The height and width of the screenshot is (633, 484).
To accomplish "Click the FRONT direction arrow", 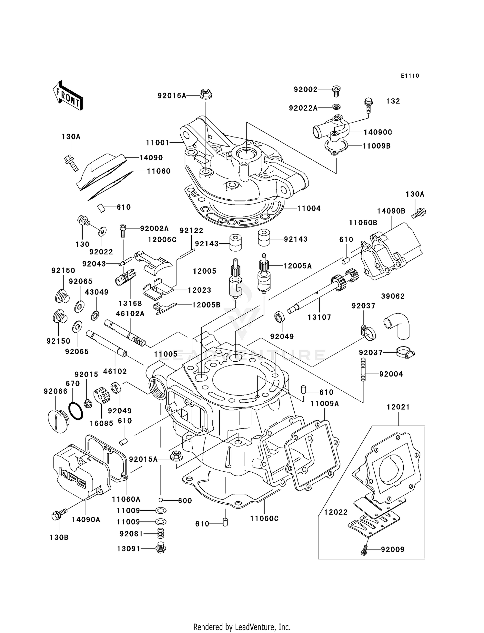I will (68, 96).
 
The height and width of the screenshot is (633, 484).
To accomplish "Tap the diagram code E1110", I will (410, 76).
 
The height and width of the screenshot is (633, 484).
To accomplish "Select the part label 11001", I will (157, 143).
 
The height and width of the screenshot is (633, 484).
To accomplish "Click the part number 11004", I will (309, 208).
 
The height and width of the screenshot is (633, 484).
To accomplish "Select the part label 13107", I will (319, 317).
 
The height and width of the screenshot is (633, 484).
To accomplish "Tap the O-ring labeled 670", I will (76, 411).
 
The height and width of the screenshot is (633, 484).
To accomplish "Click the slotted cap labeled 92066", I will (57, 421).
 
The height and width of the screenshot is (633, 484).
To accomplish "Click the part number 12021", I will (398, 407).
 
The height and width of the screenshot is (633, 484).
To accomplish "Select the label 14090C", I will (378, 132).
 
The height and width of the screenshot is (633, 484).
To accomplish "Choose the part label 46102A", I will (130, 313).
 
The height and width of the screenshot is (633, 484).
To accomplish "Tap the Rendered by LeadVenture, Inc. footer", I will (242, 627).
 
